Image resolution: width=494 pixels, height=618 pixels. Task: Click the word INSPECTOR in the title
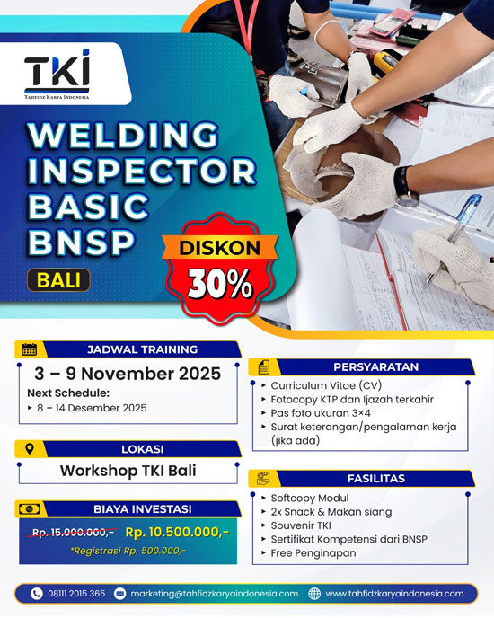point(141,172)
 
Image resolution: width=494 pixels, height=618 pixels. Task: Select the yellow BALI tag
point(57,279)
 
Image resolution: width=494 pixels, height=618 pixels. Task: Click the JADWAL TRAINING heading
point(142,349)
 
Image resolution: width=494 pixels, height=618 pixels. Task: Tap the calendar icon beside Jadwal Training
point(29,349)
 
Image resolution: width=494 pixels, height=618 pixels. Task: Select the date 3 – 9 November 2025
point(127,374)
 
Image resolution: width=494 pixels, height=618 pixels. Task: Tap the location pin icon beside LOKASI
point(29,448)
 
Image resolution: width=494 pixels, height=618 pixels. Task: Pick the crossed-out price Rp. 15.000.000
point(73,532)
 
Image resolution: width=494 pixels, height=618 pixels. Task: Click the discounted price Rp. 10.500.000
point(177,532)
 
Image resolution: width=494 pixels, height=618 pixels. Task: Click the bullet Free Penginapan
point(313,552)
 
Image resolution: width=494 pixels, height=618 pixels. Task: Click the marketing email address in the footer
point(214,594)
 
